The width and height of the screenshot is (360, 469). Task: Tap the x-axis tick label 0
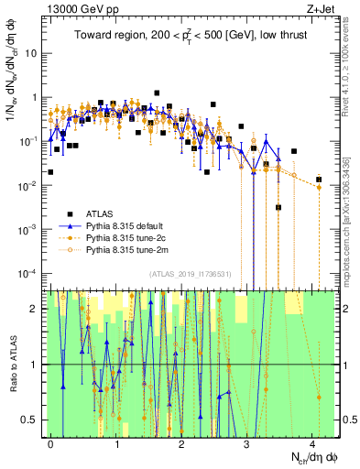[x=50, y=443]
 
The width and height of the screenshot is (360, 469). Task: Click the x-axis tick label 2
[x=181, y=443]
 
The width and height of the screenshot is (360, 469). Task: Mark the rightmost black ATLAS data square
[x=319, y=180]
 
